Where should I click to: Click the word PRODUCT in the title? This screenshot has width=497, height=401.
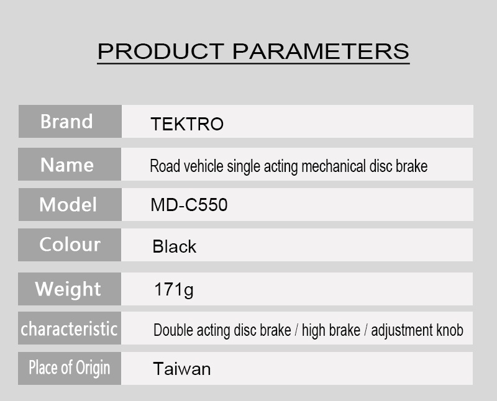(x=161, y=51)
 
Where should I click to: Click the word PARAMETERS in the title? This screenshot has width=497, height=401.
(x=321, y=51)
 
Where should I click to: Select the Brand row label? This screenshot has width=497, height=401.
(x=66, y=122)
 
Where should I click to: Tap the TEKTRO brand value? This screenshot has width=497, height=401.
(x=187, y=124)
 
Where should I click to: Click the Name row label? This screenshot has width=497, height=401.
(x=66, y=165)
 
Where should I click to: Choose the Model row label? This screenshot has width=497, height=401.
(x=68, y=205)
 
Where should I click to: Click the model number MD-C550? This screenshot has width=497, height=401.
(x=189, y=205)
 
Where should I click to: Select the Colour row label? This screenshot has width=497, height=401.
(x=70, y=245)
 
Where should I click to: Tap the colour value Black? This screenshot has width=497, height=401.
(x=174, y=247)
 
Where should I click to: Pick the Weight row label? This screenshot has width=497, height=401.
(x=68, y=289)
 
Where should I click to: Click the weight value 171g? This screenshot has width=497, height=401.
(x=173, y=289)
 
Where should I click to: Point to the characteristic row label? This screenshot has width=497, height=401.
(x=69, y=328)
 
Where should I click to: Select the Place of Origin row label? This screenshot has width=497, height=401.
(x=69, y=367)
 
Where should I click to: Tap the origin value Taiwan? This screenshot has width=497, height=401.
(x=182, y=369)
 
